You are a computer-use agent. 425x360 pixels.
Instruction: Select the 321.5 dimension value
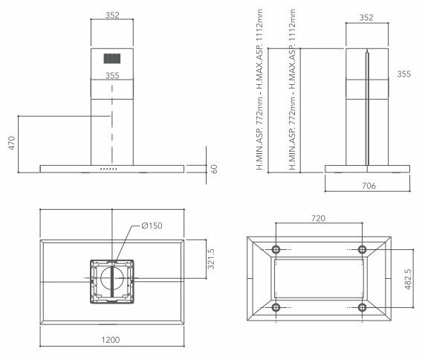pos(210,260)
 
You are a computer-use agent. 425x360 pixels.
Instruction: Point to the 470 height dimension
pos(11,143)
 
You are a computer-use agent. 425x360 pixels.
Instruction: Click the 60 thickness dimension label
pos(214,169)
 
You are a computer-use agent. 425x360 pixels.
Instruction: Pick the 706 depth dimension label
pos(367,186)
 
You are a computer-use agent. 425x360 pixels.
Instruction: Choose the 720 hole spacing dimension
pos(318,220)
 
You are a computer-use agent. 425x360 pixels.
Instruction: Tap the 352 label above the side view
pos(366,19)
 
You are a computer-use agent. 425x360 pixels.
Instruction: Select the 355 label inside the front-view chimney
pos(112,75)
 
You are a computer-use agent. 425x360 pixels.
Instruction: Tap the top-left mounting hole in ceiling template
pos(276,248)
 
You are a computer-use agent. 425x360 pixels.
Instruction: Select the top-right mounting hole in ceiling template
pos(362,248)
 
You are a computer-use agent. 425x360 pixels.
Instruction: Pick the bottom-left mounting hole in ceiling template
pos(276,308)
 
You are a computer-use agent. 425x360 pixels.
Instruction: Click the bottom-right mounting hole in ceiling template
pos(362,308)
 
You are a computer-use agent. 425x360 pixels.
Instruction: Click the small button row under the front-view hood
pos(108,170)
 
